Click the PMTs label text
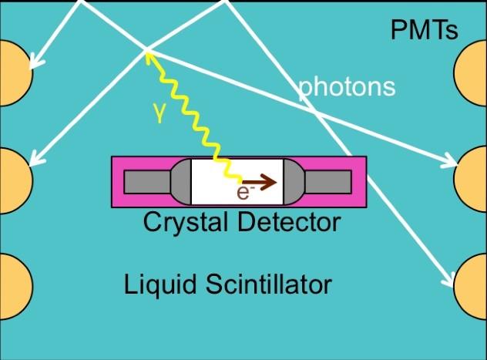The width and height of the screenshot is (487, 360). (424, 30)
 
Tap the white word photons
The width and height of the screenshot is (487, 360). (347, 87)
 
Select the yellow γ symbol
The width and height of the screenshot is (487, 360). (159, 113)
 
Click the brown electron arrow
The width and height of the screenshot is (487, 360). (260, 182)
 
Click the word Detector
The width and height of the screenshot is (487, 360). (290, 222)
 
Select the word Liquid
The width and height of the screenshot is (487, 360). (160, 284)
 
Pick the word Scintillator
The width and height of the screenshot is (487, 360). (269, 284)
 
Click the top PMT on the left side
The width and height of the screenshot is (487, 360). (15, 73)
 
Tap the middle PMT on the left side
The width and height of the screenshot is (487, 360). (15, 181)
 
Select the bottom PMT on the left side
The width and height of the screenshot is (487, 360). (15, 287)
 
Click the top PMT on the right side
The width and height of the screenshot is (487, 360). (470, 73)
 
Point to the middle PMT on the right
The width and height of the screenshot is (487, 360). (470, 179)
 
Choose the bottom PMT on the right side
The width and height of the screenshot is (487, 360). (470, 287)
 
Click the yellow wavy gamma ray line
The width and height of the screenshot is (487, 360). (194, 117)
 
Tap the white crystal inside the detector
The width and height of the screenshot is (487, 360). (237, 182)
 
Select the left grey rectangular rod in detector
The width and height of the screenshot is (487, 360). (147, 182)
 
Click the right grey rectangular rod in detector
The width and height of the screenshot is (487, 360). (328, 182)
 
